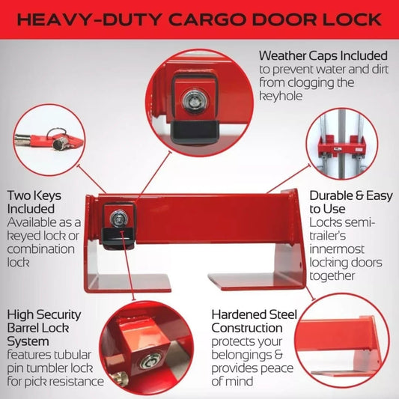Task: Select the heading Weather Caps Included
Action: [x=323, y=55]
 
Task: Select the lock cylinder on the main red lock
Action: [x=118, y=219]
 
